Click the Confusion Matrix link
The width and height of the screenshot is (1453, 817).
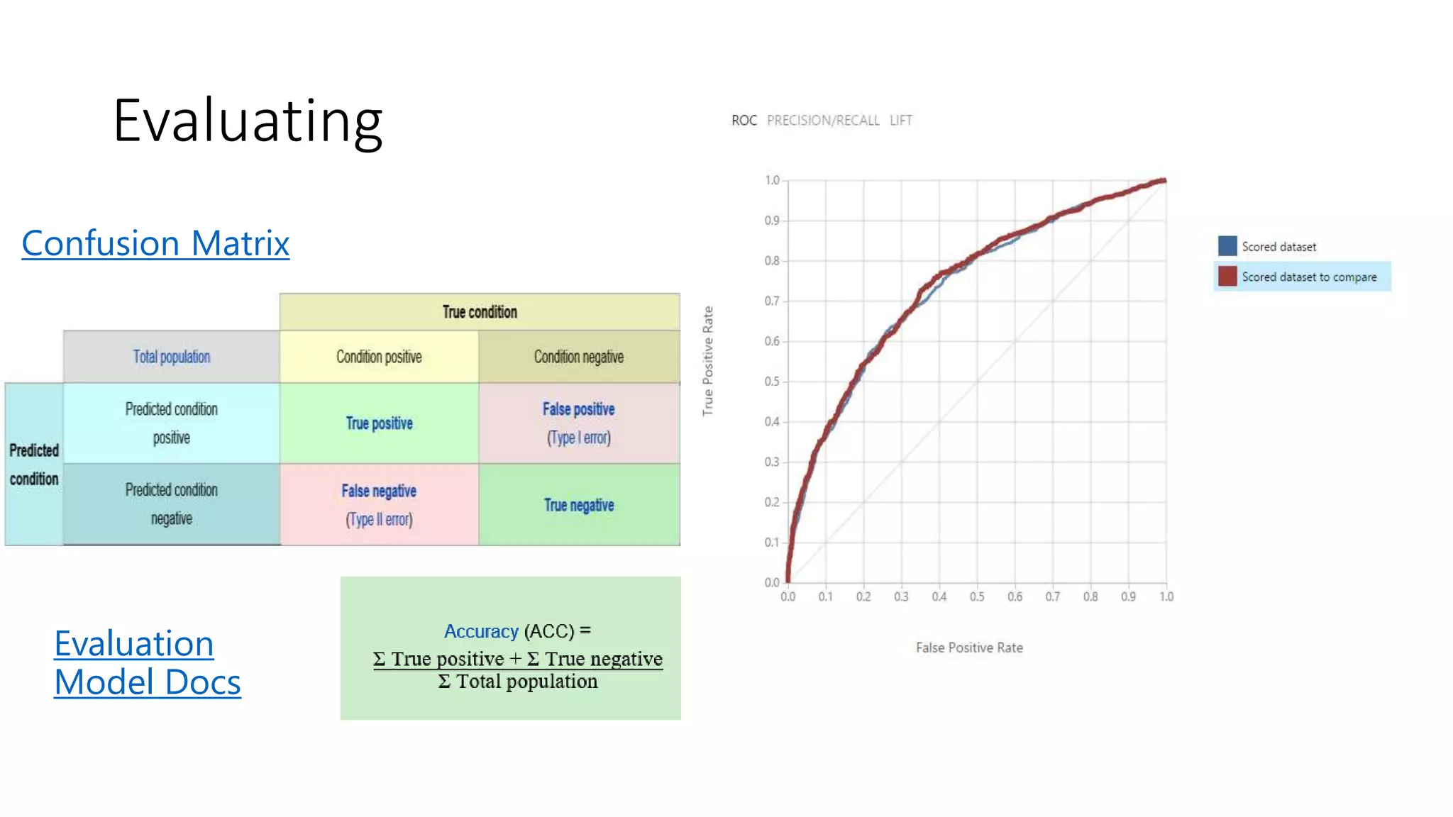155,243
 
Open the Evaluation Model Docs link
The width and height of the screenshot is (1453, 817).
147,663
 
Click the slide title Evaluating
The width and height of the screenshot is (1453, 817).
248,121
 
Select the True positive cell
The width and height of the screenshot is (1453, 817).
379,423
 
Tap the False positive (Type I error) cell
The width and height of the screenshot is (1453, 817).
579,423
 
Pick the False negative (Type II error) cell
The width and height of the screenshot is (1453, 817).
379,504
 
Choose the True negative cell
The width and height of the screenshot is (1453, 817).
579,505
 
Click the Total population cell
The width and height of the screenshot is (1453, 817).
172,357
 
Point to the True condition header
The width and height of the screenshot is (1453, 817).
480,312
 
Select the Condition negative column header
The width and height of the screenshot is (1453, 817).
579,357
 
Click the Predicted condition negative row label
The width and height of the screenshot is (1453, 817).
172,504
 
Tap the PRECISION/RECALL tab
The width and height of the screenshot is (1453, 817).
823,121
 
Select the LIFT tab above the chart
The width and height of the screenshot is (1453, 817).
901,121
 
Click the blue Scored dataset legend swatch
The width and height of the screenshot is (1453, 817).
1227,246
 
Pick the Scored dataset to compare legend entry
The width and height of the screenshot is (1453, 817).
1308,277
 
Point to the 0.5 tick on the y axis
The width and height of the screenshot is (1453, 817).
772,382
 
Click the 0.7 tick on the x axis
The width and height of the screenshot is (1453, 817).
1053,597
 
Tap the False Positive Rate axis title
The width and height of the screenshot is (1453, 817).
969,648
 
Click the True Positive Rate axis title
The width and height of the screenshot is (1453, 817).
708,361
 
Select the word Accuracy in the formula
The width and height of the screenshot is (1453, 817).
481,631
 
